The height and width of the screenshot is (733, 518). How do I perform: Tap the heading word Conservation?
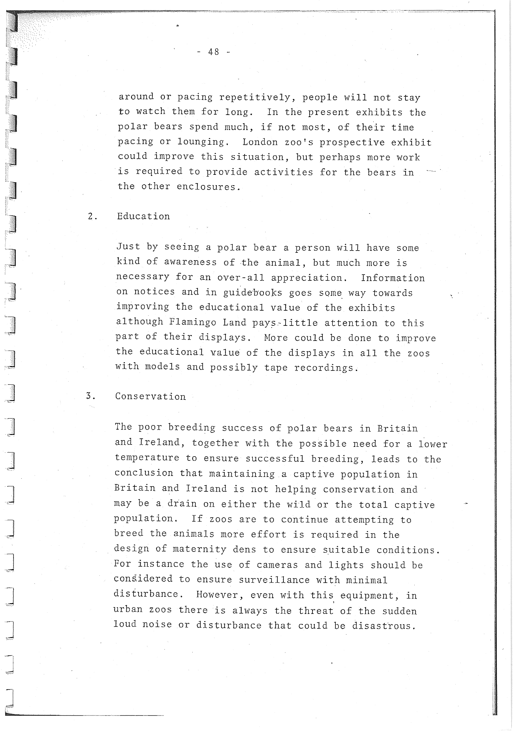150,396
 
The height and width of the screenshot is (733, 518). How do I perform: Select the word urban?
128,610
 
